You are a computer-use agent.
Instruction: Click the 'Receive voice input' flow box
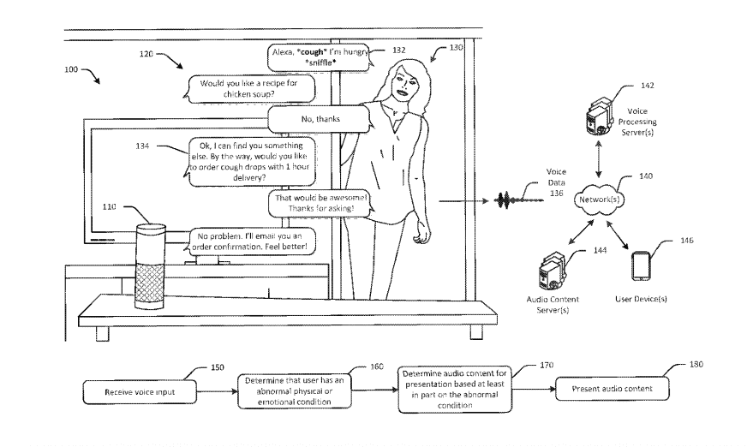[x=140, y=392]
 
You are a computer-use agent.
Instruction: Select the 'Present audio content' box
[x=613, y=389]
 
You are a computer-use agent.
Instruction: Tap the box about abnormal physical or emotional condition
[x=295, y=391]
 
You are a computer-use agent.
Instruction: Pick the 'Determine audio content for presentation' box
[x=455, y=390]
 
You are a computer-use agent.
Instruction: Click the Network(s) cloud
[x=599, y=200]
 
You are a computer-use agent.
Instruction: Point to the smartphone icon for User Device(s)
[x=641, y=266]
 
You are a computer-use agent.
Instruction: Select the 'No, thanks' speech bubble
[x=320, y=119]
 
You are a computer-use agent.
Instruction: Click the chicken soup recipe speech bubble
[x=249, y=89]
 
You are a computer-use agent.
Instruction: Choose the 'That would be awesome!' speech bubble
[x=321, y=203]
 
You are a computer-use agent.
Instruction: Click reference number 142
[x=647, y=86]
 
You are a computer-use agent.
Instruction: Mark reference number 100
[x=71, y=69]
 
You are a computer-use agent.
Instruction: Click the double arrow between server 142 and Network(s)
[x=598, y=159]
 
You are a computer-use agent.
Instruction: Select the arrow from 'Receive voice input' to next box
[x=217, y=392]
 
